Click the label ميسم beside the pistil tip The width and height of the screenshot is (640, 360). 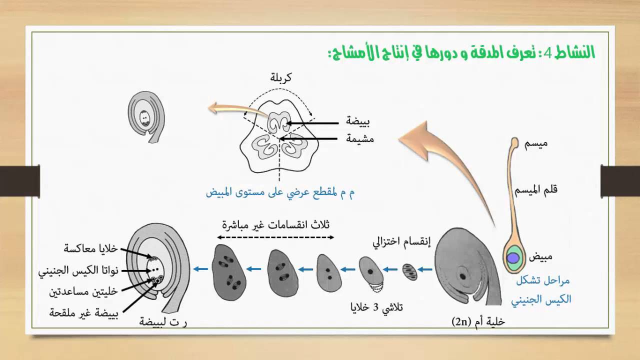tap(535, 143)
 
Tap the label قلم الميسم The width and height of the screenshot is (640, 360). tap(536, 189)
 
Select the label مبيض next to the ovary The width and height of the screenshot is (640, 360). tap(540, 256)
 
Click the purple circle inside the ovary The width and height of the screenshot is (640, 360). tap(513, 258)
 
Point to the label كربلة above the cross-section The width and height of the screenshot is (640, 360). tap(281, 77)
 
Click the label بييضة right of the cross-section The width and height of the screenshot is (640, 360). tap(357, 121)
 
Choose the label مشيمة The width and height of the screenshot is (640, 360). tap(359, 139)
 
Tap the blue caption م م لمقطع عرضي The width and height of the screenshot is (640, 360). tap(280, 192)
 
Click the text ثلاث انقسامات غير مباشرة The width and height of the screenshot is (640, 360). tap(275, 225)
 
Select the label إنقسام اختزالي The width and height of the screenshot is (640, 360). tap(401, 242)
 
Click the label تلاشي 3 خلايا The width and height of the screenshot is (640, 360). tap(376, 307)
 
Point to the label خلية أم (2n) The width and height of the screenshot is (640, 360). tap(478, 322)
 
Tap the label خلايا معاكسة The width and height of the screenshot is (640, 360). tap(90, 248)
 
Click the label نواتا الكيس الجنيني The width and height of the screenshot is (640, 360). tap(78, 271)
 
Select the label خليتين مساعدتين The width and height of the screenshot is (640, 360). tap(83, 292)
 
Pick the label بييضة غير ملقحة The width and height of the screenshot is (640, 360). tap(83, 313)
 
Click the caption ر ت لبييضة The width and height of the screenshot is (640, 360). tap(163, 322)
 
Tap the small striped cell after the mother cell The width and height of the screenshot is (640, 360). tap(409, 272)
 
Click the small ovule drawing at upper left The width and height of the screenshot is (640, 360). tap(146, 117)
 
